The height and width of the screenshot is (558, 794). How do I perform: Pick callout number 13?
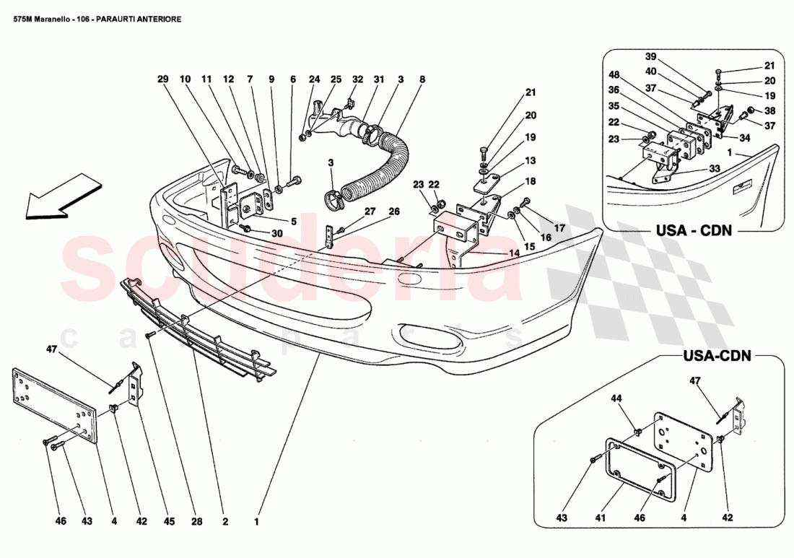[x=531, y=161]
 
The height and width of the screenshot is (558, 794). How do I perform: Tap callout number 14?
[x=513, y=254]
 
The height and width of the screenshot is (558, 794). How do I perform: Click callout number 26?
[x=393, y=212]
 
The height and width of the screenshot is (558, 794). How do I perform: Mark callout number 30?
[x=278, y=232]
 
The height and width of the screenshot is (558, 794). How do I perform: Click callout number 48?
[x=615, y=75]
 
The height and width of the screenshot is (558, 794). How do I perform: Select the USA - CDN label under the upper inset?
[x=694, y=232]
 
